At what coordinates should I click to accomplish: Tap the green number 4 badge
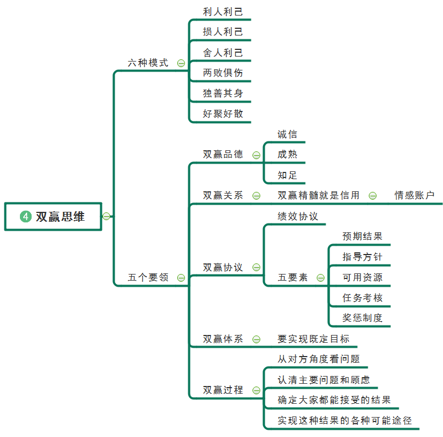[x=25, y=217]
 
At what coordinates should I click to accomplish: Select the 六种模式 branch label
[x=148, y=63]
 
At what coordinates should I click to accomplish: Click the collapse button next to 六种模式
[x=181, y=63]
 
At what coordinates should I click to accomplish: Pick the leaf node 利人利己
[x=223, y=12]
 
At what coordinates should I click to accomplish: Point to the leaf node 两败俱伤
[x=223, y=73]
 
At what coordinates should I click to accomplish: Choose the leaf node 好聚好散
[x=223, y=114]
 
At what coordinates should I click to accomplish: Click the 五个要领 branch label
[x=148, y=277]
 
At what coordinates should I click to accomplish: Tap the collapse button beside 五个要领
[x=181, y=277]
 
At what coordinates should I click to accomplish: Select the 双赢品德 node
[x=223, y=155]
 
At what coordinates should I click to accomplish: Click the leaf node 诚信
[x=287, y=134]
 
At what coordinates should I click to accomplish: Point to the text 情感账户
[x=414, y=195]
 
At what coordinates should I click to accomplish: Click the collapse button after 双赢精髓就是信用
[x=373, y=195]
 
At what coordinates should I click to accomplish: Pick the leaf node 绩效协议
[x=298, y=216]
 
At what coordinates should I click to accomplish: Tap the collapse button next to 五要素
[x=320, y=278]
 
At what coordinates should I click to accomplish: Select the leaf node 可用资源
[x=362, y=277]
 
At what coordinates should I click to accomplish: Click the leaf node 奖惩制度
[x=362, y=318]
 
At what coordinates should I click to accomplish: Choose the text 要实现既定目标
[x=313, y=339]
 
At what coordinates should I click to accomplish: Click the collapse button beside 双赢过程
[x=256, y=390]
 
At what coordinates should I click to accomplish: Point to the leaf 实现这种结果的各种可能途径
[x=344, y=420]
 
